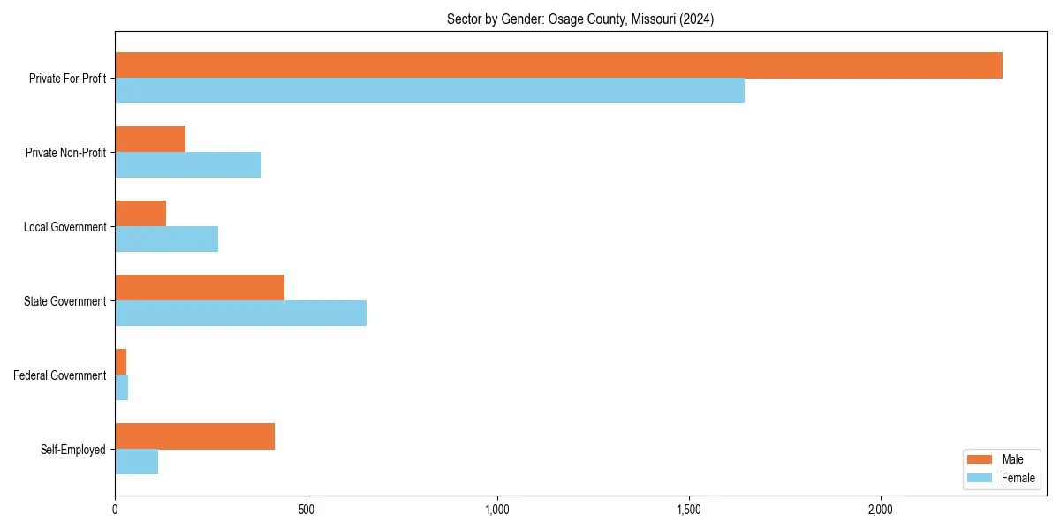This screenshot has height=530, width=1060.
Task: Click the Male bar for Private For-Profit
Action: [x=558, y=65]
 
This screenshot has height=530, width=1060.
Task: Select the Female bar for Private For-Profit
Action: [x=429, y=91]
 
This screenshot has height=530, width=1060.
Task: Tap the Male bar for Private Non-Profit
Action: [x=150, y=140]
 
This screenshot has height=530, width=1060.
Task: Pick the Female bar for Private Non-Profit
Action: [x=188, y=165]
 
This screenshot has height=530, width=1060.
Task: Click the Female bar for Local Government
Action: [x=166, y=239]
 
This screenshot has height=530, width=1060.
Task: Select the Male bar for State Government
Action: [x=200, y=288]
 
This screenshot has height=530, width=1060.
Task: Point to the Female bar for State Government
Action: [x=240, y=314]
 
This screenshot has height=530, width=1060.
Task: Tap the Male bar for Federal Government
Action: [x=121, y=361]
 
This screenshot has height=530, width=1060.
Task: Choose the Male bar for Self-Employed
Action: [x=194, y=436]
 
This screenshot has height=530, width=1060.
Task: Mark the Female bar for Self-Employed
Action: [x=136, y=462]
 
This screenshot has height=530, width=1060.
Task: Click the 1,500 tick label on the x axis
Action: [x=689, y=510]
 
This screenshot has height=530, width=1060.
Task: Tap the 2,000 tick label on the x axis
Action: [x=880, y=510]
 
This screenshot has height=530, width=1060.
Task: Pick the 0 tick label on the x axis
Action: [x=115, y=510]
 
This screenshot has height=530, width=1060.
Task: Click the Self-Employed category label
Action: [x=73, y=450]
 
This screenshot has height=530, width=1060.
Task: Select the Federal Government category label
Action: [x=60, y=375]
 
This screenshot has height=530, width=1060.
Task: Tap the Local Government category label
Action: [x=65, y=227]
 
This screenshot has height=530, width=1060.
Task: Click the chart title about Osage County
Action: [x=580, y=19]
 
